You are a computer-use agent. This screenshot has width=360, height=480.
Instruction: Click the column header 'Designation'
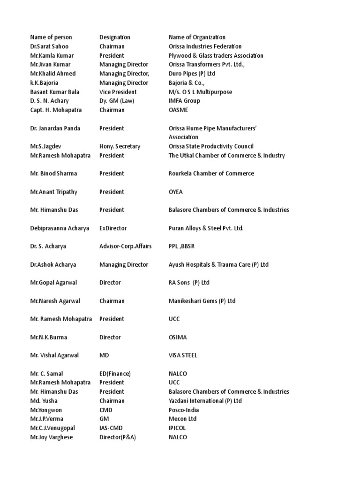click(115, 37)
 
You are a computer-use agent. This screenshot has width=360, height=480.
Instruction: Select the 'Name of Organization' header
click(197, 37)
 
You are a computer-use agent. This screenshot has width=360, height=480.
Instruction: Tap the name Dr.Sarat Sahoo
click(49, 46)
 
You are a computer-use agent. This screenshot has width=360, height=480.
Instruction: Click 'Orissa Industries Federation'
click(205, 46)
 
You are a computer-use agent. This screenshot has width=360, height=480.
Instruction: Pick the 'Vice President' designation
click(118, 92)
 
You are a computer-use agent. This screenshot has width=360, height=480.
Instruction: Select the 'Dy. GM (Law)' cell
click(117, 101)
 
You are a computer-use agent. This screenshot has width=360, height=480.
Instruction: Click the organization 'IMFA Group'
click(184, 101)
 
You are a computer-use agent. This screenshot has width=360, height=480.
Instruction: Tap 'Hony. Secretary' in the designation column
click(120, 146)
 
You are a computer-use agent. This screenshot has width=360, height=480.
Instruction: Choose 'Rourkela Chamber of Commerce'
click(211, 173)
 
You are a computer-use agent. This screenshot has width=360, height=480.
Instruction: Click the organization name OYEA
click(176, 192)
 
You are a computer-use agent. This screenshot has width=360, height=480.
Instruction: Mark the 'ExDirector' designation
click(113, 228)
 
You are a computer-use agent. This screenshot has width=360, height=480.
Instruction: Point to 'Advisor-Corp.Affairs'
click(124, 246)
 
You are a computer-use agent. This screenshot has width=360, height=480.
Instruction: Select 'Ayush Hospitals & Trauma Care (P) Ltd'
click(218, 264)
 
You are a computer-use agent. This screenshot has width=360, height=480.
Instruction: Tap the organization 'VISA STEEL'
click(183, 355)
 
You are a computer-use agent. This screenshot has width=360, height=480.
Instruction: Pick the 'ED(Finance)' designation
click(115, 374)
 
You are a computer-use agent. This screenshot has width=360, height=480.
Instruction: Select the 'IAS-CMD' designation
click(112, 428)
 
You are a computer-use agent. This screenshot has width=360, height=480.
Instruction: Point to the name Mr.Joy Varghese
click(52, 437)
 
